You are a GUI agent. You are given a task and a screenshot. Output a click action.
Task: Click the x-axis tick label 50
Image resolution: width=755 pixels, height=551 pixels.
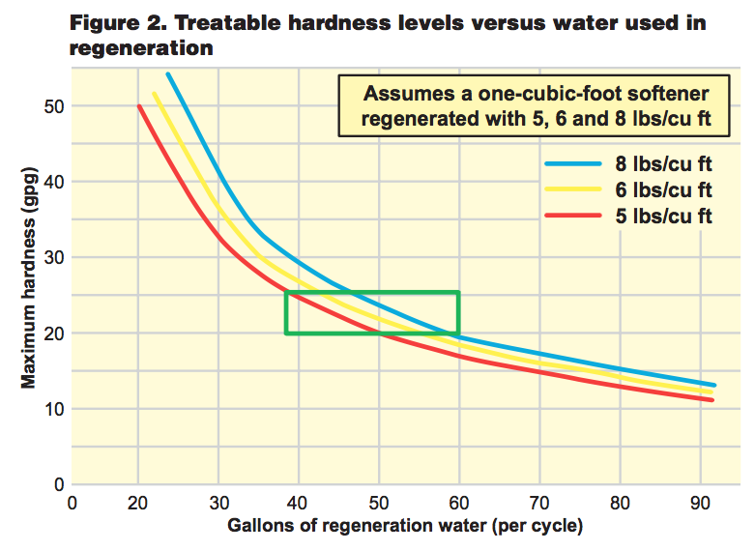(x=380, y=503)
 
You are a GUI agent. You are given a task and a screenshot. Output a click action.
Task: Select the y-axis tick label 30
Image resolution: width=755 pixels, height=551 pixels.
(x=52, y=258)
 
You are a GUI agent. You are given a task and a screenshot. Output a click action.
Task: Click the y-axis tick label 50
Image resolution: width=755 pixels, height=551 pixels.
(x=52, y=106)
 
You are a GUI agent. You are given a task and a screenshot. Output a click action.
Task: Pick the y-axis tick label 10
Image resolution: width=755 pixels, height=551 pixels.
(x=52, y=409)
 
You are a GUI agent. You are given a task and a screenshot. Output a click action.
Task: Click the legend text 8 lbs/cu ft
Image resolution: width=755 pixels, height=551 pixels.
(x=664, y=163)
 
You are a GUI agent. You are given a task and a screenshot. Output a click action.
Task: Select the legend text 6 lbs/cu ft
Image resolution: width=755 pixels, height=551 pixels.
(x=664, y=189)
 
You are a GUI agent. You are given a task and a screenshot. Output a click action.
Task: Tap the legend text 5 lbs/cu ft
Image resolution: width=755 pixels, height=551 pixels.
(x=664, y=216)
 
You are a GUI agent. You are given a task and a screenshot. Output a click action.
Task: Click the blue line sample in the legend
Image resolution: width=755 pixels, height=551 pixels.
(x=573, y=163)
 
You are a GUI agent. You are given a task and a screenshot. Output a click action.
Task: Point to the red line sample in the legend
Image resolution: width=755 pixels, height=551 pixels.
(x=573, y=217)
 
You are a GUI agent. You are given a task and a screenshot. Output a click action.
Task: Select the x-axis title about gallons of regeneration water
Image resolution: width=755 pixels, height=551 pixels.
(x=405, y=527)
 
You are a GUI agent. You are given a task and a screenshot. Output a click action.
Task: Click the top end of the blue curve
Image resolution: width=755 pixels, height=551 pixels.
(x=167, y=73)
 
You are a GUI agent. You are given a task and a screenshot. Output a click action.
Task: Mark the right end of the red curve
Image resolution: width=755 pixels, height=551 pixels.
(x=712, y=399)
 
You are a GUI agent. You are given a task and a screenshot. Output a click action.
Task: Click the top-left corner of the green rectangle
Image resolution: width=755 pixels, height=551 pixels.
(x=286, y=292)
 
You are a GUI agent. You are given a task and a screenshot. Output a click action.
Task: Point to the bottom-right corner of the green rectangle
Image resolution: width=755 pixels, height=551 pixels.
(x=458, y=333)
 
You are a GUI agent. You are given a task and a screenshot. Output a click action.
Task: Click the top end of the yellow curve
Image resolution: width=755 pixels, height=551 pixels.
(x=154, y=93)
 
